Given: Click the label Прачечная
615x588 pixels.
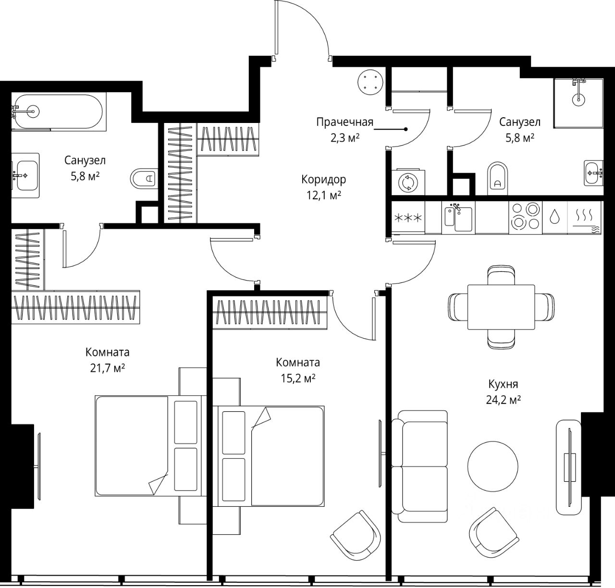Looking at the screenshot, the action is point(345,122).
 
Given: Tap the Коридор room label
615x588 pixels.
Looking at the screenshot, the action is point(324,180).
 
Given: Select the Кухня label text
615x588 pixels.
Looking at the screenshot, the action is point(503,384).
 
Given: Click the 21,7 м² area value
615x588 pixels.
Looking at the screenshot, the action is point(108,368).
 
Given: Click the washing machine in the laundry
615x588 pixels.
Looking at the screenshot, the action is point(408,182).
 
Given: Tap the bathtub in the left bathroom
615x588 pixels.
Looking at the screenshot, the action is point(57,111).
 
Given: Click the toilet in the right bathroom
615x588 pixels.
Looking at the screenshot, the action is point(498,179).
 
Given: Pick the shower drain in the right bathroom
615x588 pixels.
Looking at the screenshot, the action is point(578,100).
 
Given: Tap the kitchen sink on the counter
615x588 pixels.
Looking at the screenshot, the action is point(458,218).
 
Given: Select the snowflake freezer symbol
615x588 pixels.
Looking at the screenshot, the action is point(408,218).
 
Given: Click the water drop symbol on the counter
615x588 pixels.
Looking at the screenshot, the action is point(554,217).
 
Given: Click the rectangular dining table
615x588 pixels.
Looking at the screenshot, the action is point(501,307).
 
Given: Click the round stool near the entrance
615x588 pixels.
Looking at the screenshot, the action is point(370,82).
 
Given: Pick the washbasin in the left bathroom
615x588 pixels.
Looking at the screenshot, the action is point(26,175).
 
